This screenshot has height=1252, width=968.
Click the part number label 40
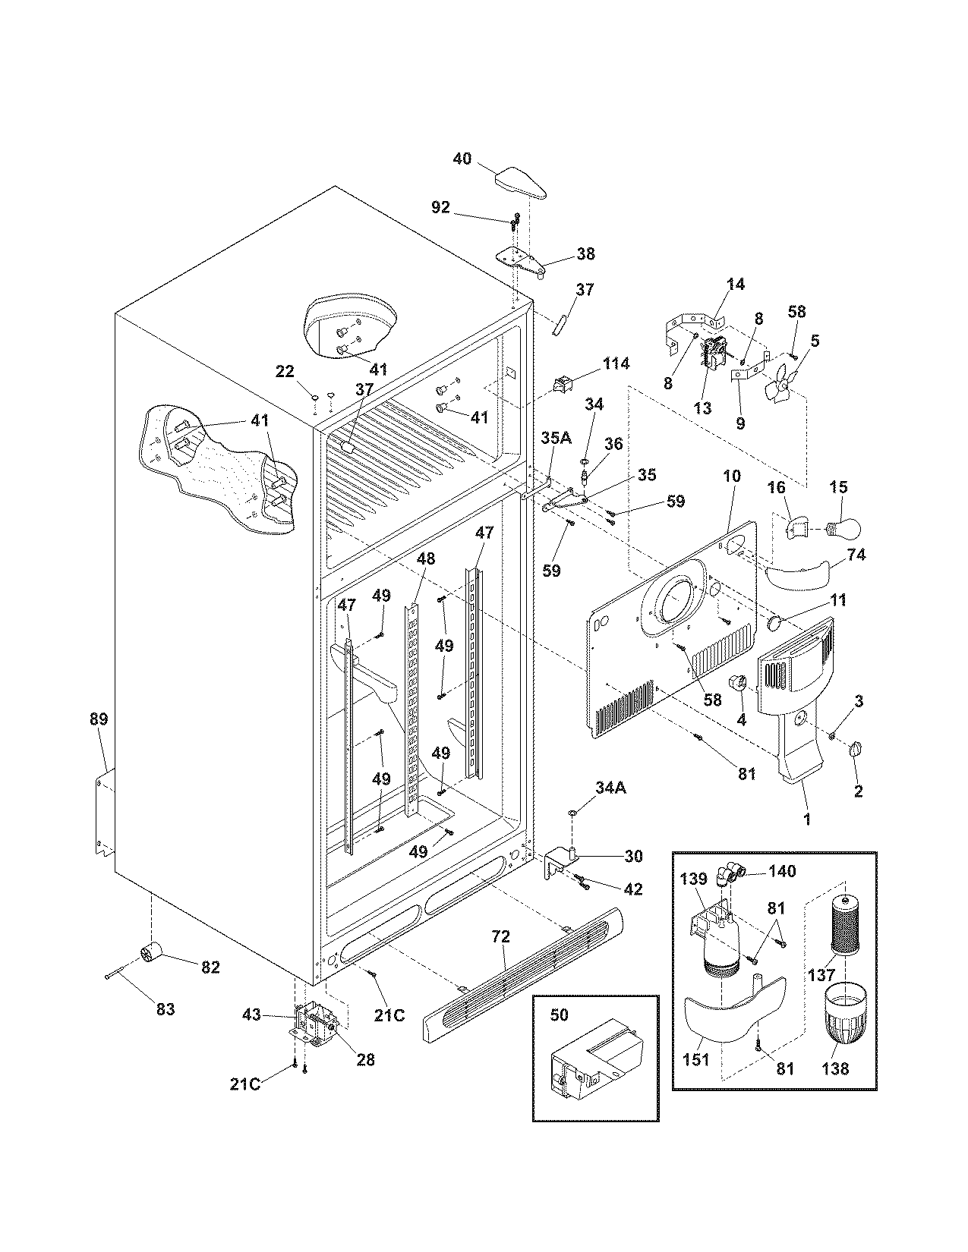click(462, 159)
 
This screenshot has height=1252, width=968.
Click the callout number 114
click(616, 363)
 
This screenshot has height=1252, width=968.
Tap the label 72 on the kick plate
click(501, 936)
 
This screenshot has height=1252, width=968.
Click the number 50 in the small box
click(559, 1015)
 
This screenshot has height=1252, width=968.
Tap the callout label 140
click(781, 871)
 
